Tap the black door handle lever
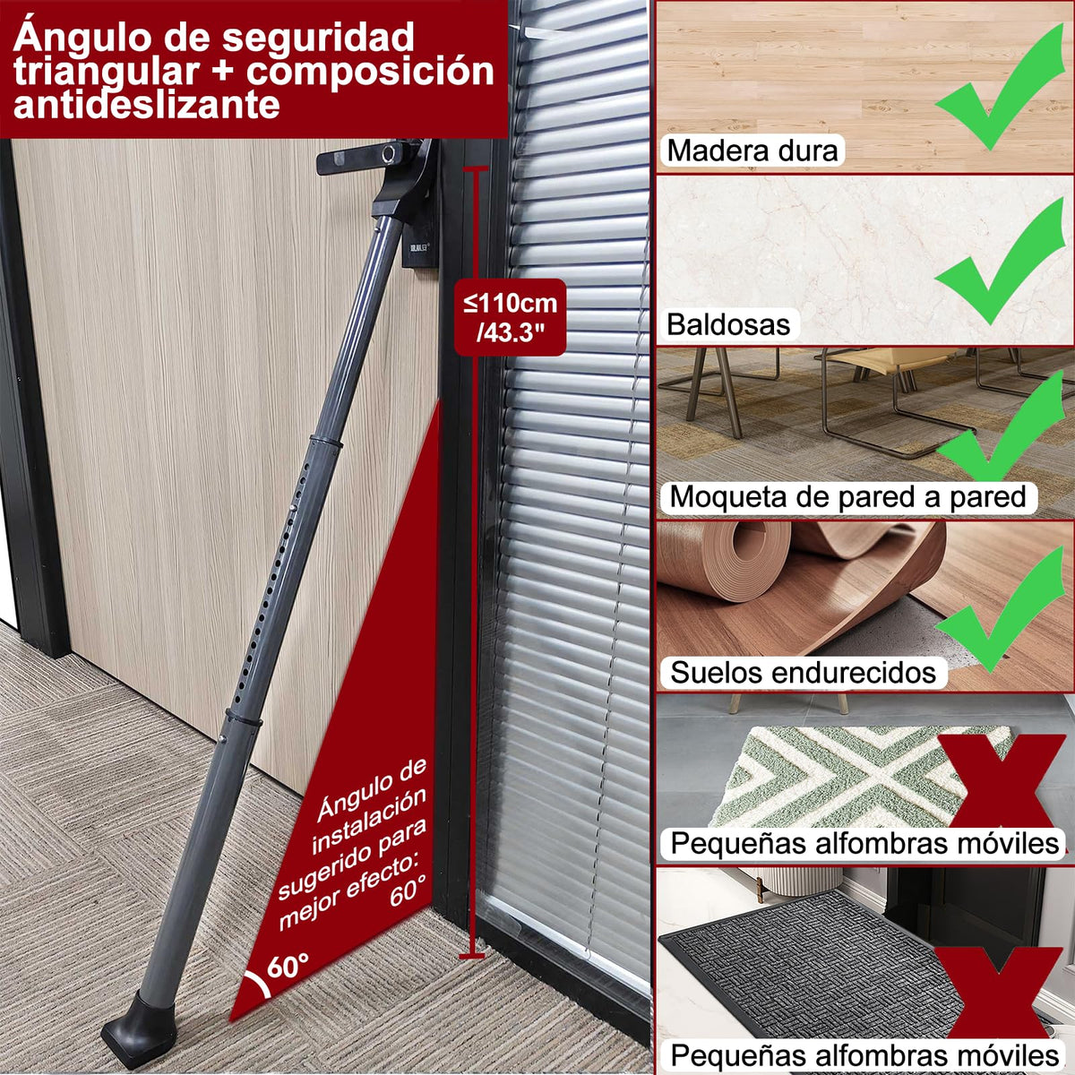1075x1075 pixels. [x=368, y=157]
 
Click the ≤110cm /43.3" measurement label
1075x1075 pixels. [x=510, y=317]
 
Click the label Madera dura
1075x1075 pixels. [x=752, y=150]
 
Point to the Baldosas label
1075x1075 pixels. [x=728, y=324]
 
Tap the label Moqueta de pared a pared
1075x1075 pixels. [x=847, y=496]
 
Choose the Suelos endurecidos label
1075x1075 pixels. [x=803, y=672]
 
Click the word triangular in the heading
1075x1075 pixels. [x=106, y=72]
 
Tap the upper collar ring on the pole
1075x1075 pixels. [x=326, y=442]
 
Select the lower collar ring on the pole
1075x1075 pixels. [x=244, y=718]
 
